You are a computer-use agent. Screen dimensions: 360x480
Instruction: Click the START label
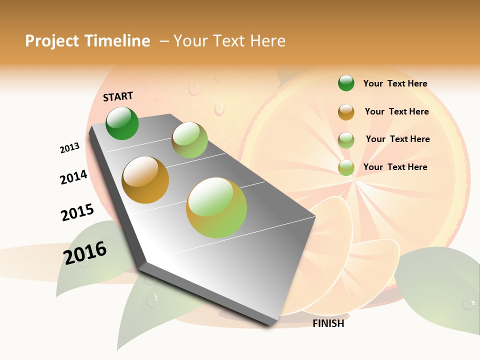click(x=118, y=96)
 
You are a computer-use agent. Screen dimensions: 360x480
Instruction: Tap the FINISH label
click(x=328, y=323)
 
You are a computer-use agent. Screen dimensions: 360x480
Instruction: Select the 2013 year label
click(x=69, y=148)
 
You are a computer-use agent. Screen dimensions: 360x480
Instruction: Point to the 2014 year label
click(x=73, y=177)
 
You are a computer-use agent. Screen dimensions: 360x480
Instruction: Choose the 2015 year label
click(x=77, y=212)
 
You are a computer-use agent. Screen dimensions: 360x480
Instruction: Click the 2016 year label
click(x=85, y=252)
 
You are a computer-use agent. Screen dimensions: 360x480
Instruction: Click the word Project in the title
click(x=52, y=41)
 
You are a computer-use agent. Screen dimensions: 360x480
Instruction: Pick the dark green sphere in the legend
click(x=346, y=83)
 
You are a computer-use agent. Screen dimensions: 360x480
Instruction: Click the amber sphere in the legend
click(x=346, y=112)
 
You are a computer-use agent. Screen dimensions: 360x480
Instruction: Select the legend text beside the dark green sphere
click(x=395, y=84)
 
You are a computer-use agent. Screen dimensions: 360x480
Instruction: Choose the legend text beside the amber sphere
click(x=396, y=111)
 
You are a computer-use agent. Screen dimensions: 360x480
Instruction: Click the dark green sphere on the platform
click(x=122, y=123)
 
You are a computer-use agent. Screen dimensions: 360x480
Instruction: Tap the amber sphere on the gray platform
click(x=145, y=180)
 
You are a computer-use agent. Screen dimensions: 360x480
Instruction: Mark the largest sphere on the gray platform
click(x=216, y=207)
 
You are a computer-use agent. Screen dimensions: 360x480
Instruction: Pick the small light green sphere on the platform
click(x=189, y=140)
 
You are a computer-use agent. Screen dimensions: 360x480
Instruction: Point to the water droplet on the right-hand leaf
click(x=468, y=303)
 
